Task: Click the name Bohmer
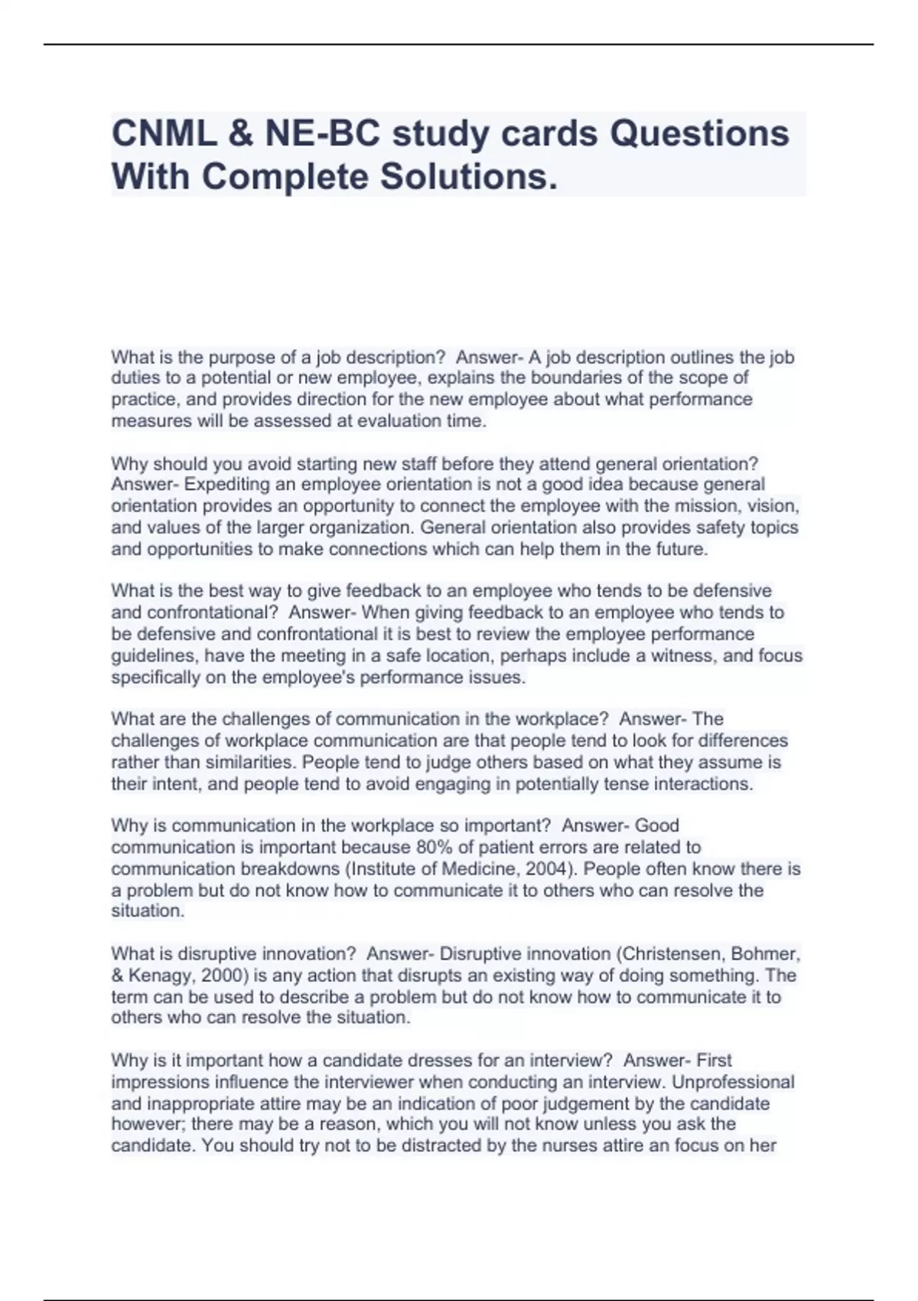(x=766, y=954)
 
